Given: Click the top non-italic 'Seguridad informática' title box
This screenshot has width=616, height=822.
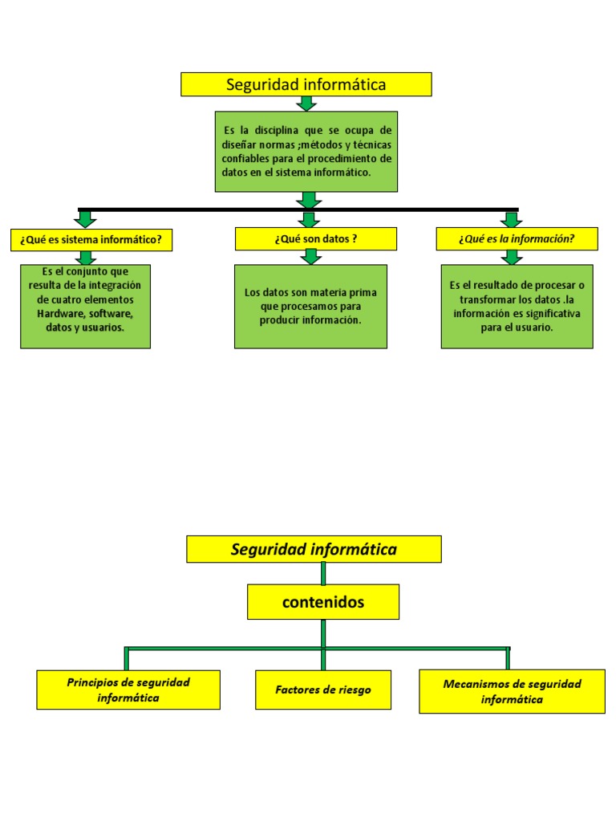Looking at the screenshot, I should [306, 84].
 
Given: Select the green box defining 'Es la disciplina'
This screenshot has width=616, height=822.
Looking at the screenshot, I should [306, 151].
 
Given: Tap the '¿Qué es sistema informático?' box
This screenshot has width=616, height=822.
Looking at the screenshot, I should [91, 239].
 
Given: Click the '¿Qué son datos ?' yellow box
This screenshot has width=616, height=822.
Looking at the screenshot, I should [315, 238].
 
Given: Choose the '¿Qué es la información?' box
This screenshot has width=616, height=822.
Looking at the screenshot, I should [517, 238].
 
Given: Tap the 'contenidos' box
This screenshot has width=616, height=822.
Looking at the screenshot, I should [322, 602].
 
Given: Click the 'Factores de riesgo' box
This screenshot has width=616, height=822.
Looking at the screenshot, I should [322, 690].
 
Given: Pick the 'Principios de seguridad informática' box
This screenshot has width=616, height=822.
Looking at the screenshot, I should [128, 690].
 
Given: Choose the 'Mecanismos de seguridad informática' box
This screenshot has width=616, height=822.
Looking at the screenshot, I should [512, 691].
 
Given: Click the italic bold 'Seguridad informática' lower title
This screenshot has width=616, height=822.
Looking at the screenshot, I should [314, 549].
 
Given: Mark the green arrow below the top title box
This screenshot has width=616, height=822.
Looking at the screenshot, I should [306, 104].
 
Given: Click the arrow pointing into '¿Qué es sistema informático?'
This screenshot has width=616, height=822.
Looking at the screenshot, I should [85, 219].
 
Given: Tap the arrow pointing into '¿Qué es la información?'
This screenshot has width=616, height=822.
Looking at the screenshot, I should [510, 219].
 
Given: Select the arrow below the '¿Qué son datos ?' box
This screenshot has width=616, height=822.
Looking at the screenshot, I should [311, 257].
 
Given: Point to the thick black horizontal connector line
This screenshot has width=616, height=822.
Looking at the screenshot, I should [201, 210].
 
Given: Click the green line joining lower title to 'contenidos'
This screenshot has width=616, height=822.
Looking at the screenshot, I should [322, 573].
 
